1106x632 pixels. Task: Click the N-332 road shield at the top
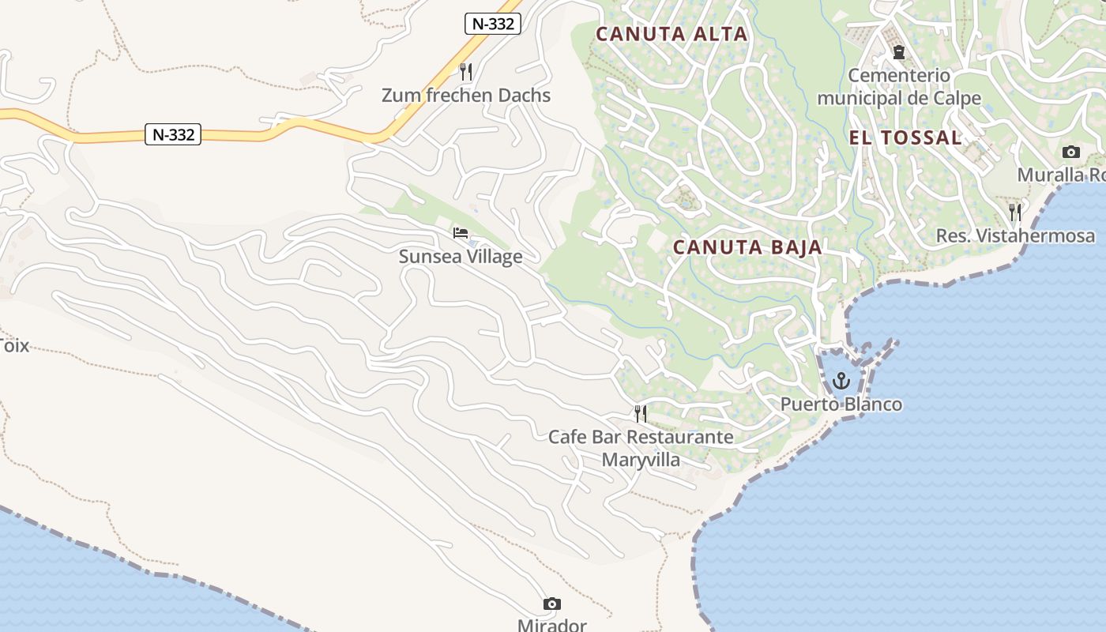493,24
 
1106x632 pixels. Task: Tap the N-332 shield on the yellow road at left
173,134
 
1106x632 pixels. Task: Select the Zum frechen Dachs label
466,96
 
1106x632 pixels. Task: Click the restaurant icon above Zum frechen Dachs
466,72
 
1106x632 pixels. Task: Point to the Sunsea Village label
461,257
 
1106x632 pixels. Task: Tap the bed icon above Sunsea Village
461,233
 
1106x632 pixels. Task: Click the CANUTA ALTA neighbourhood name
671,34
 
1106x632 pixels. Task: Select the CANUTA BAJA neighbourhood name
747,247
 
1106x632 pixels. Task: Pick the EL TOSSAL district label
905,137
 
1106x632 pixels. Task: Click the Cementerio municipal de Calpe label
899,87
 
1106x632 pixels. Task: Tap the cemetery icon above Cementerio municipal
898,53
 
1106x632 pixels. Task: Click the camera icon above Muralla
1071,152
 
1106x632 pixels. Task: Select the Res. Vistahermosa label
1015,235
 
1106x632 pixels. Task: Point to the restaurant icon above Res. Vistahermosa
1015,212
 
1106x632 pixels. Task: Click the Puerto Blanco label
841,404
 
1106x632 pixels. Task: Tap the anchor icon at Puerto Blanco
841,382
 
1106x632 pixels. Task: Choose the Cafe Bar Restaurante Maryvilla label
641,448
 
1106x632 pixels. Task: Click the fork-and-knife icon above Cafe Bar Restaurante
641,413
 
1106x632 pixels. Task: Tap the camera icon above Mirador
552,604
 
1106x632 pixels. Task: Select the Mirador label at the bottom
552,625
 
